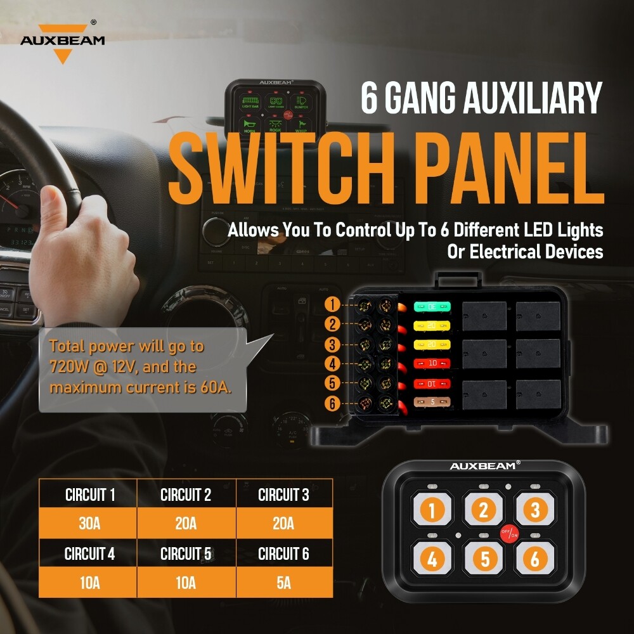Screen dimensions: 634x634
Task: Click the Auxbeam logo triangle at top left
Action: coord(61,55)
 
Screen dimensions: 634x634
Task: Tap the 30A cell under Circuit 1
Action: coord(89,524)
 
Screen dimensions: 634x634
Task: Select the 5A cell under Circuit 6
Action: coord(283,583)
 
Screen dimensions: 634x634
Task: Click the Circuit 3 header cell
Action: coord(283,495)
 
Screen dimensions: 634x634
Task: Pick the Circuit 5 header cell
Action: coord(186,553)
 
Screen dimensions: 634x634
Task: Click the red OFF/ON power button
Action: coord(508,534)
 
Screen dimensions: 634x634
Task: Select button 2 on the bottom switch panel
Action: coord(483,510)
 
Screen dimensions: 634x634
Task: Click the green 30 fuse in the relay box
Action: coord(432,307)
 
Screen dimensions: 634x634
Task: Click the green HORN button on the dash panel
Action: coord(249,124)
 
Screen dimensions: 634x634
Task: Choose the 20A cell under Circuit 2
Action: coord(186,524)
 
